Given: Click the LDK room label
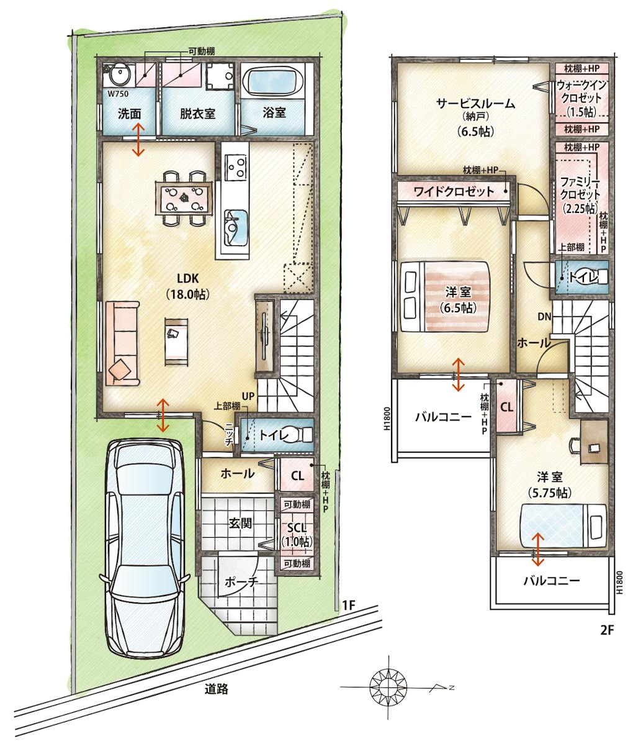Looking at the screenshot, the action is [x=187, y=278].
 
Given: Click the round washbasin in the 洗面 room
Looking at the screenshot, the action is [x=119, y=76].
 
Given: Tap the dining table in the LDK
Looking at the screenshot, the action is [x=184, y=198].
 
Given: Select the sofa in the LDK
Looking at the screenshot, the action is [x=122, y=343].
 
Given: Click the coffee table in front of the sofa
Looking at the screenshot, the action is [x=176, y=342].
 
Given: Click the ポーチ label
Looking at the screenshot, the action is [x=242, y=582].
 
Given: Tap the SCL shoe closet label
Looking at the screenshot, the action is [x=297, y=528].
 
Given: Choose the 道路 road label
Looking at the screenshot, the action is [x=217, y=689].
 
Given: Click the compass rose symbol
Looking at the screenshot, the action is [x=389, y=687].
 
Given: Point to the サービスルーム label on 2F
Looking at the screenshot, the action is [x=476, y=104].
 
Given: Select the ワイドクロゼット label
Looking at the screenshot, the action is [x=454, y=191].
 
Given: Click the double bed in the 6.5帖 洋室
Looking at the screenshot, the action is [x=444, y=296].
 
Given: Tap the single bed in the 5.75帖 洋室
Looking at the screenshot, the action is [x=564, y=525].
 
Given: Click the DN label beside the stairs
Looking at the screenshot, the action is [x=544, y=317].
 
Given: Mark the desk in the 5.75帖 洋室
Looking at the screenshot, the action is [x=594, y=442].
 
